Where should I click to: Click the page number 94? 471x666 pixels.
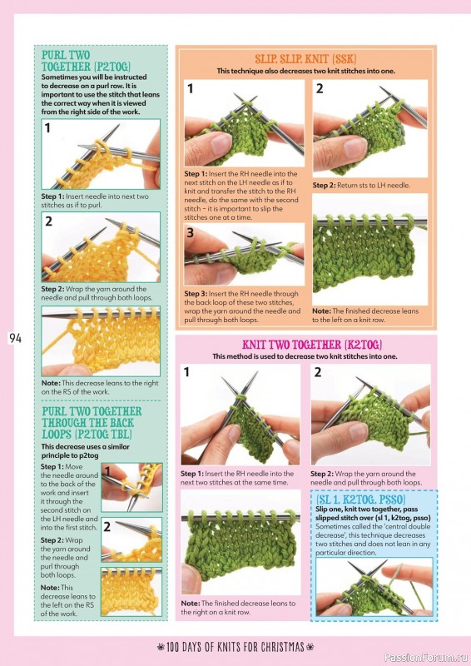pos(15,338)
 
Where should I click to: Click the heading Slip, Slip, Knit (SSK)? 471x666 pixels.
pos(305,58)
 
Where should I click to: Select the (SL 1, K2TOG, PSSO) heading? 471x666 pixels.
pos(360,499)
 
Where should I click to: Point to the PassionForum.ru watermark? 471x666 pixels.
pos(425,658)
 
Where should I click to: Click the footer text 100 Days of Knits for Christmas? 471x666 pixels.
pos(235,647)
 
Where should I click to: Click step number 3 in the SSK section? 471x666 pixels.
pos(191,233)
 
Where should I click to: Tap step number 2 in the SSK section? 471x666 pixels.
pos(320,88)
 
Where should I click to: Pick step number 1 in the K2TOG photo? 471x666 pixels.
pos(186,372)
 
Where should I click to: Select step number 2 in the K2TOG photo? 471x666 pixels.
pos(318,372)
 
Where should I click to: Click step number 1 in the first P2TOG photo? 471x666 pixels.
pos(47,127)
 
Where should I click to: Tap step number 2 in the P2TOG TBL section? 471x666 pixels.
pos(107,527)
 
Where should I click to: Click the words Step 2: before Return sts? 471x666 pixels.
pos(324,185)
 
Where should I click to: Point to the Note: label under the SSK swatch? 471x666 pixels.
pos(321,311)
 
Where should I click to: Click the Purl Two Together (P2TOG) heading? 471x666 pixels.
pos(86,61)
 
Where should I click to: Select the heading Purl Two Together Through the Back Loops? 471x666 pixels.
pos(92,423)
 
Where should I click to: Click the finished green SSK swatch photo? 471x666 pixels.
pos(370,249)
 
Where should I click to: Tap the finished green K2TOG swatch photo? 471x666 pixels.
pos(240,542)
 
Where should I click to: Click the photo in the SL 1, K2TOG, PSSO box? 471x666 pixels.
pos(374,587)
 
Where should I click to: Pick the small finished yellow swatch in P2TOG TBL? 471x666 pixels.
pos(131,591)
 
